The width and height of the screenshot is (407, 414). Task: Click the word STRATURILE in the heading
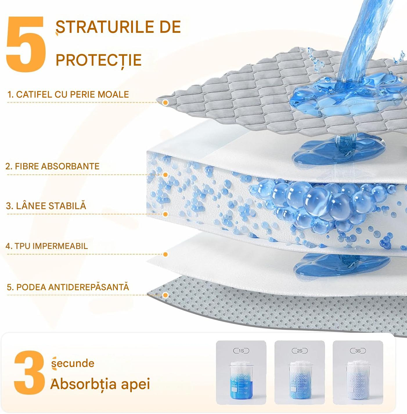coord(105,27)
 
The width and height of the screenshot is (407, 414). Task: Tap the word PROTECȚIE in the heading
coord(99,60)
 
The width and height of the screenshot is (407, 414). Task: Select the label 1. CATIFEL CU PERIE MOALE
coord(68,94)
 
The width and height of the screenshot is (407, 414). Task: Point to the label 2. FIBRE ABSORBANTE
coord(53,166)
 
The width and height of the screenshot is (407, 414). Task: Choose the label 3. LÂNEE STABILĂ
coord(46,205)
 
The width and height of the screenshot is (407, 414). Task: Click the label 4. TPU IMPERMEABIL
coord(47,246)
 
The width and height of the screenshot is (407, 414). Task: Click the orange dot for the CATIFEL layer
coord(165,103)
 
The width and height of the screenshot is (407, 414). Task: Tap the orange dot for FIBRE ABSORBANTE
coord(165,175)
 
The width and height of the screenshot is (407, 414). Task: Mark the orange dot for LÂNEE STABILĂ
coord(165,214)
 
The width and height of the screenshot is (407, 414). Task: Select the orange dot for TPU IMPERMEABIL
coord(165,255)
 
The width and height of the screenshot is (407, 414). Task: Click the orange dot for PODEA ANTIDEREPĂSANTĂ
coord(165,295)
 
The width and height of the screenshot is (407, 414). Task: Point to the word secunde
coord(73,363)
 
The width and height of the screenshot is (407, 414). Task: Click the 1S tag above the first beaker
coord(241,351)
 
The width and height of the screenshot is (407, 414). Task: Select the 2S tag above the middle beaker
coord(300,351)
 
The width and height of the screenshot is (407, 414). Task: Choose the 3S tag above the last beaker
coord(358,351)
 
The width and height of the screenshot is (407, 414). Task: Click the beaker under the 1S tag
coord(241,380)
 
